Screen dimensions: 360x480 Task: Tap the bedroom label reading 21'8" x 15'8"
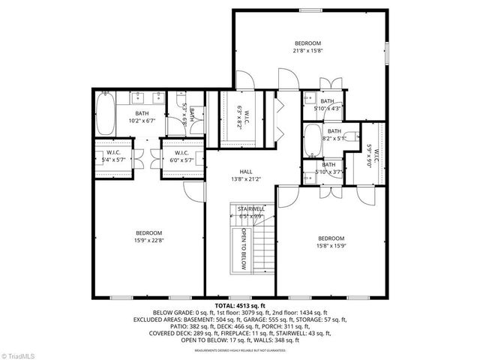coord(307,46)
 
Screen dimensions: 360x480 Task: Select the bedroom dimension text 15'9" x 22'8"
coord(148,240)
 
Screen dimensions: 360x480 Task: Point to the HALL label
coord(245,171)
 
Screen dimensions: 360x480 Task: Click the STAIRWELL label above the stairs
coord(250,208)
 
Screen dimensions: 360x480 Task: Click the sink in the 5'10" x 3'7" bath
coord(310,178)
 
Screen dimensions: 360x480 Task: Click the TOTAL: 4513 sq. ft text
coord(239,306)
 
